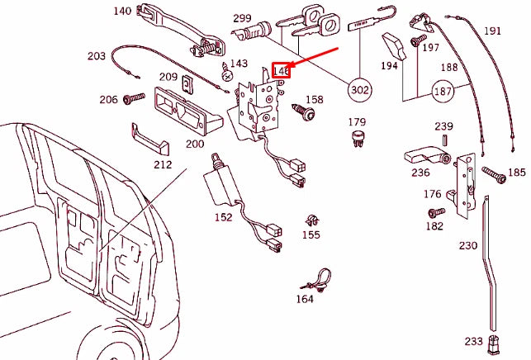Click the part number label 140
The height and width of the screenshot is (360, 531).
(x=122, y=12)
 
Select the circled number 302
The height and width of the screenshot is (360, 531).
(x=360, y=89)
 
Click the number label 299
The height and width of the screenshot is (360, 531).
(x=242, y=18)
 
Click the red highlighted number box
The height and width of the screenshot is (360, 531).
(x=282, y=71)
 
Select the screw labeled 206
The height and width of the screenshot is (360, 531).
(x=133, y=99)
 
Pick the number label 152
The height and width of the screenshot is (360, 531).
(x=223, y=217)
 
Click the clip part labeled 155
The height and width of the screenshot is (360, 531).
(x=310, y=220)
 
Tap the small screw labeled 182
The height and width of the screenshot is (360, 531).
(x=439, y=211)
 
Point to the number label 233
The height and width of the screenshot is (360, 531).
(x=473, y=341)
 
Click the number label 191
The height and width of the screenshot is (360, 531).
(x=492, y=31)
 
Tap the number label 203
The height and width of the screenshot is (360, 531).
(x=96, y=56)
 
